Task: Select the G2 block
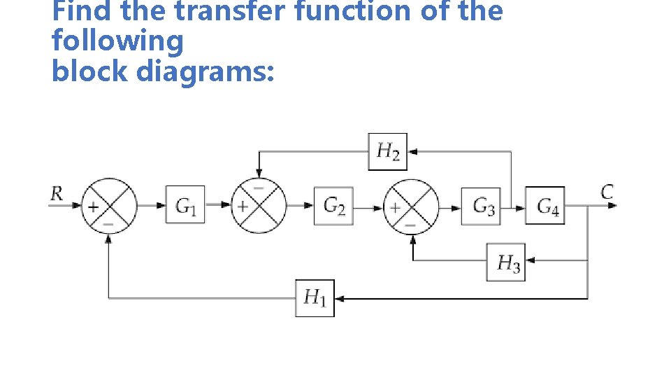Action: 333,205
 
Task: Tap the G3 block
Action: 481,205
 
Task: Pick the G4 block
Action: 545,205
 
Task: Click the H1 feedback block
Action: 315,297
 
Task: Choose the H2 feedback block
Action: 388,151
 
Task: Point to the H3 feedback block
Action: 506,262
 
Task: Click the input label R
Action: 57,193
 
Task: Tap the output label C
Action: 607,191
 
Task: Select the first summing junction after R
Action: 108,205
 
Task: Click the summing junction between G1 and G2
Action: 258,205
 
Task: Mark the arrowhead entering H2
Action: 412,151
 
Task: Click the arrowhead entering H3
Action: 530,260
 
